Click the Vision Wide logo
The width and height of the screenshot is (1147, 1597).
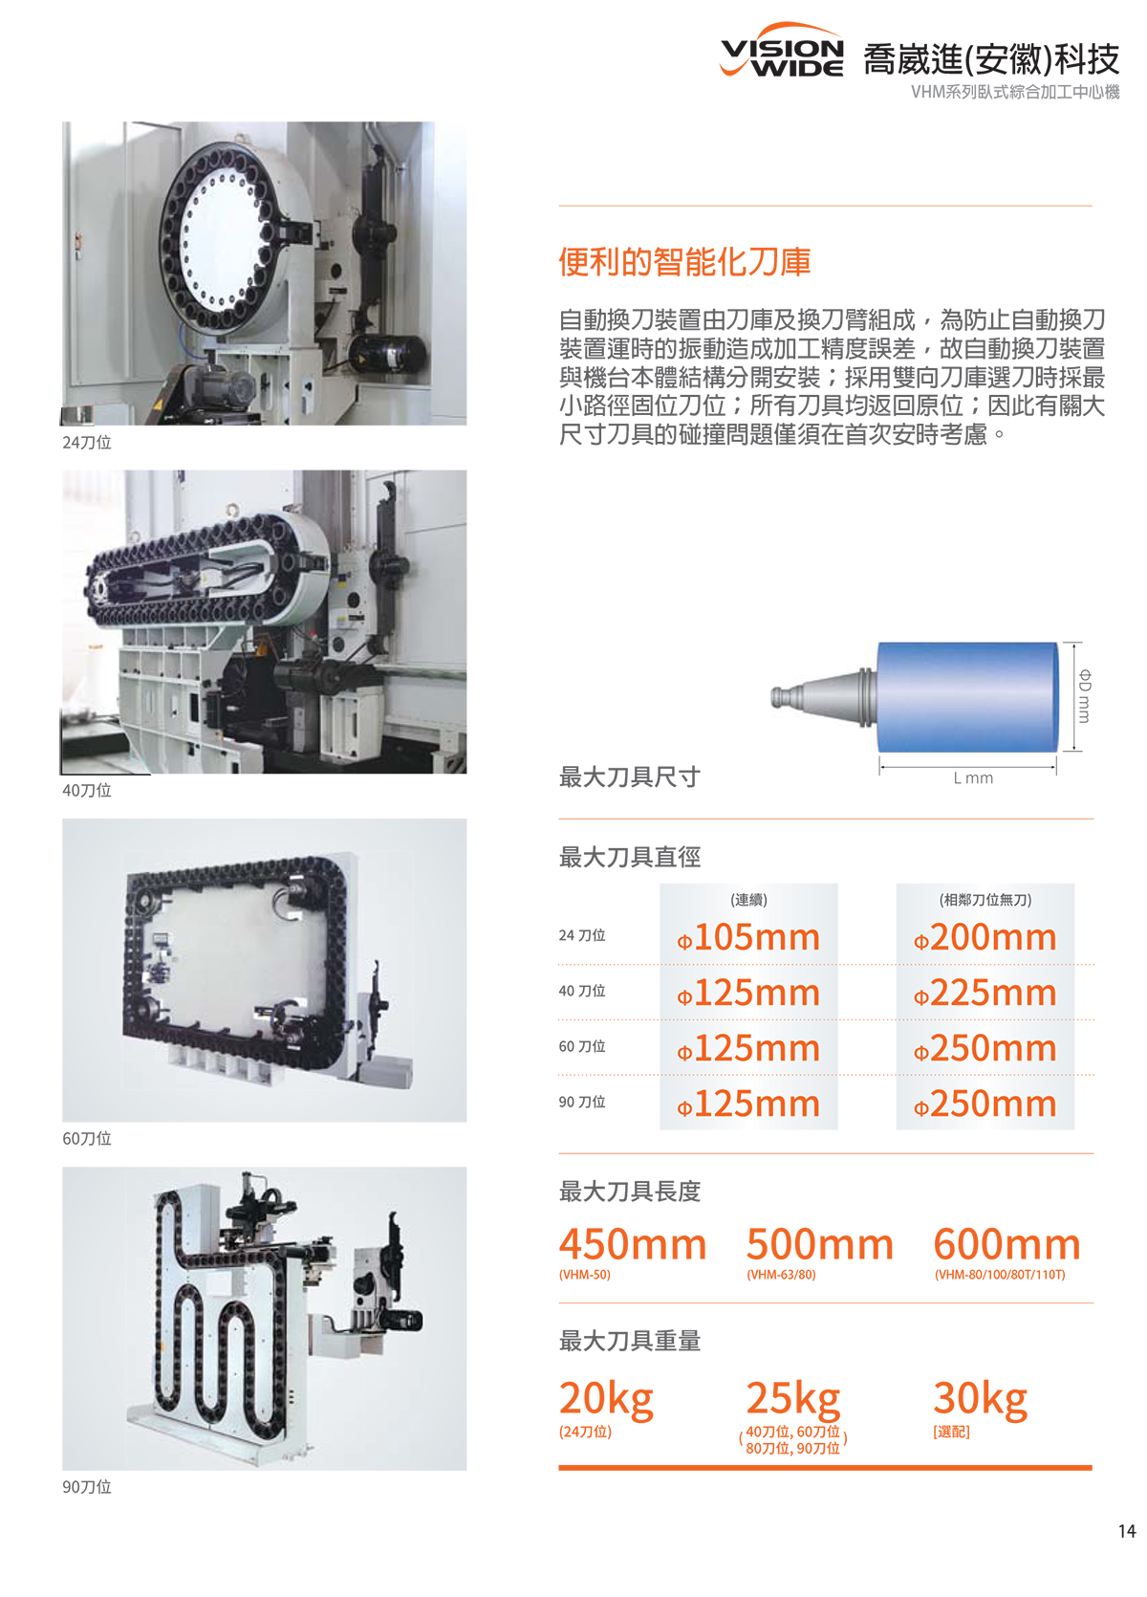[782, 50]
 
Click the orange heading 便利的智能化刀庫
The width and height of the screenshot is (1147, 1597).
[684, 262]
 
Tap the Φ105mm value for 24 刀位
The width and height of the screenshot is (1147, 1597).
[748, 937]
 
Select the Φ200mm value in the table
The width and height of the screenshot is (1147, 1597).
[985, 937]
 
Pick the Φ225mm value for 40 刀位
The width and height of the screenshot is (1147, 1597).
[985, 993]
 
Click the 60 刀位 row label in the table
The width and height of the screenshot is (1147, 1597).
[582, 1046]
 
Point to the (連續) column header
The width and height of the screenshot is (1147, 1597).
[748, 900]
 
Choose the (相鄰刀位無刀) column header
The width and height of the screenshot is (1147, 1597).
[985, 900]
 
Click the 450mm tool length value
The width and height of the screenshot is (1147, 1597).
[633, 1245]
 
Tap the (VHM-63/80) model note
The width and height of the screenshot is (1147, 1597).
[781, 1275]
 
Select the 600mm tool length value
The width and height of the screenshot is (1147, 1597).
[1006, 1245]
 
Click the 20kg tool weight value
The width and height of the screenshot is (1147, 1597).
[606, 1400]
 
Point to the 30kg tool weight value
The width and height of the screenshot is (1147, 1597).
[981, 1400]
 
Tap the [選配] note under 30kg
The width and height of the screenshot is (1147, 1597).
[952, 1432]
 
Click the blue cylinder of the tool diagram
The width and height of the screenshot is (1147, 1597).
[967, 697]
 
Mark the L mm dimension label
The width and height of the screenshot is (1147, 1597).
[973, 777]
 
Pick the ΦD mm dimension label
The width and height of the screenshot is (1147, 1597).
[1084, 696]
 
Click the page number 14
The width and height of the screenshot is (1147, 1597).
[1126, 1531]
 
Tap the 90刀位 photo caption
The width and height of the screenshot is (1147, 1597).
[87, 1487]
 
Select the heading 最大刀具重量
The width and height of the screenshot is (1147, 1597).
[630, 1341]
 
